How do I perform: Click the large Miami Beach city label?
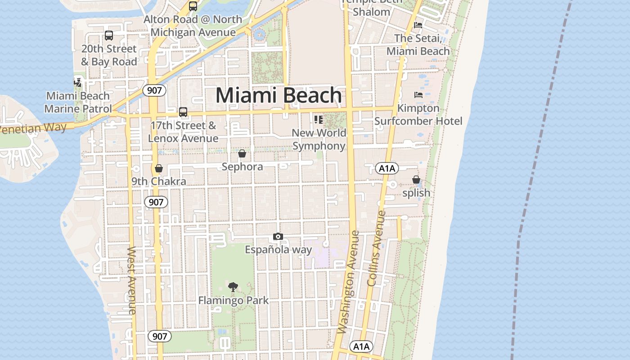click(x=279, y=95)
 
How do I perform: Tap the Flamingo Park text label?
click(x=234, y=300)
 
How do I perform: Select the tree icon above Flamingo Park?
click(x=233, y=287)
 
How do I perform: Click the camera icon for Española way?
click(x=278, y=237)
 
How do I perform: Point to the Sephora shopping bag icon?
click(x=242, y=154)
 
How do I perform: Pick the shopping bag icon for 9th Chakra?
click(x=158, y=169)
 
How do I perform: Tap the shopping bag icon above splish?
click(x=416, y=180)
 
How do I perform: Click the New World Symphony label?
click(x=319, y=139)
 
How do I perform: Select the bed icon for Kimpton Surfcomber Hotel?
click(x=418, y=95)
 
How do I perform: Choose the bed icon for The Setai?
click(x=418, y=25)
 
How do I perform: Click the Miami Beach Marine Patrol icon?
click(x=78, y=82)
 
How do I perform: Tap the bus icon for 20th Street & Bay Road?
click(x=108, y=36)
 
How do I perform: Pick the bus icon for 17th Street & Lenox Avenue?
click(x=183, y=112)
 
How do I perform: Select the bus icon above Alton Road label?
click(x=193, y=6)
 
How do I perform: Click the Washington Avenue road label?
click(x=348, y=282)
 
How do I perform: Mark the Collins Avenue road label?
click(x=377, y=248)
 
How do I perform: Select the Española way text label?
click(x=278, y=249)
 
